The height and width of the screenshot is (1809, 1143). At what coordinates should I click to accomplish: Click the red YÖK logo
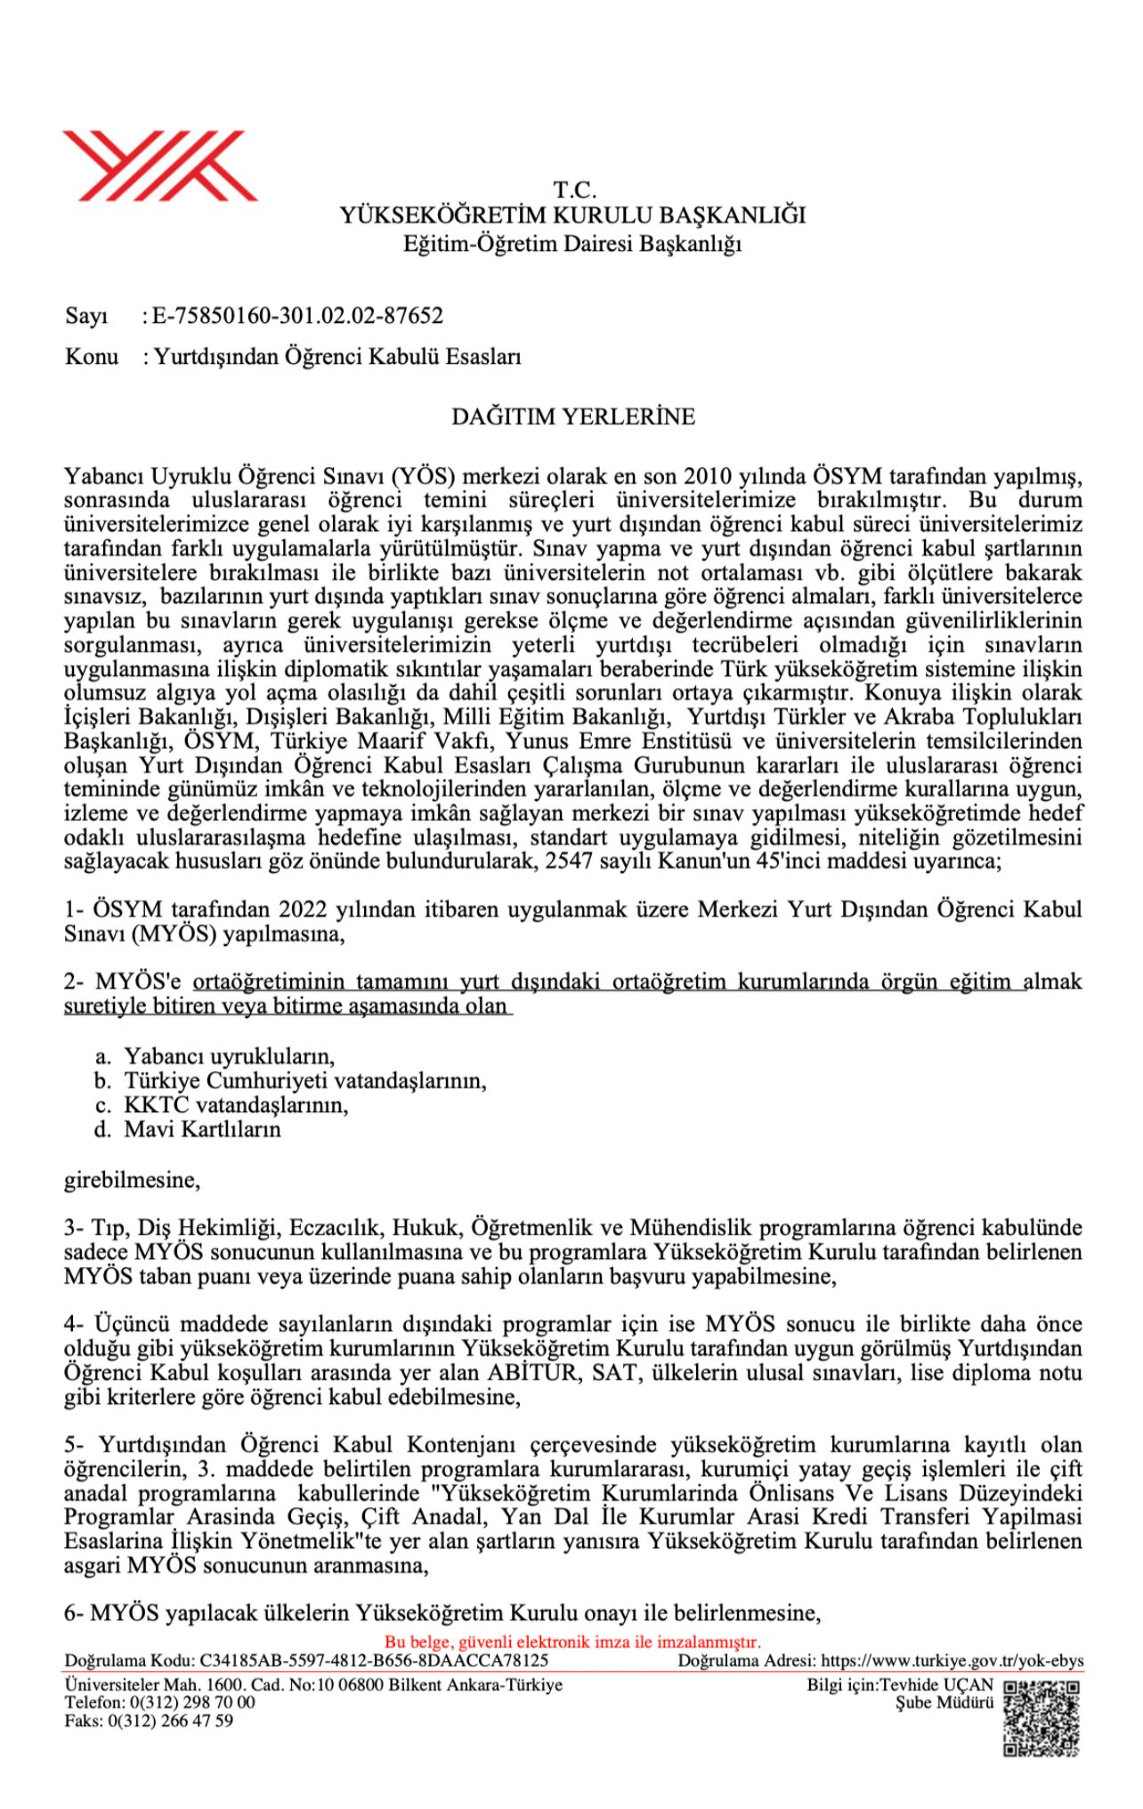159,166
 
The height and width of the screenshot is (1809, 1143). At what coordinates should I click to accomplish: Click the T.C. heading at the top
574,190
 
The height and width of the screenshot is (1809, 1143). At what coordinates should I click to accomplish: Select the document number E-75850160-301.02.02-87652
297,316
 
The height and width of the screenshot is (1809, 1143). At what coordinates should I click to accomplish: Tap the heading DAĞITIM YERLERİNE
572,417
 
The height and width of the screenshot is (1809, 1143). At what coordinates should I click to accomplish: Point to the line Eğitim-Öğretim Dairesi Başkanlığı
572,243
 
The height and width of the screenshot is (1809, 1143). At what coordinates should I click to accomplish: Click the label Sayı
86,316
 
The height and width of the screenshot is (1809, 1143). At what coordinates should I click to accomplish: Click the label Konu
91,357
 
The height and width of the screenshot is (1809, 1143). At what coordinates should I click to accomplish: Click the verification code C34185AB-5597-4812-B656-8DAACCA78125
374,1660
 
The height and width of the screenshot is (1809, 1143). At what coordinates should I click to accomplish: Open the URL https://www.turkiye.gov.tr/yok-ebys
952,1660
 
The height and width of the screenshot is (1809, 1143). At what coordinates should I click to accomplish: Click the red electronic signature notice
572,1643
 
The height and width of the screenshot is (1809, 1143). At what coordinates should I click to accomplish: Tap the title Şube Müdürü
944,1702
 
